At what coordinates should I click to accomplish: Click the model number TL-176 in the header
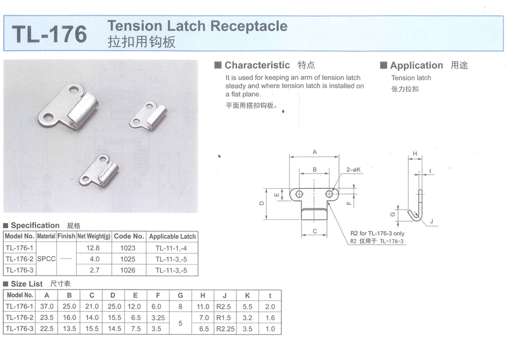point(49,34)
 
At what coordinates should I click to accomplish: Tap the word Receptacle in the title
point(248,26)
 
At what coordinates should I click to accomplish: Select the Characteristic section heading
point(257,65)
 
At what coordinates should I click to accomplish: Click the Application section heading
point(416,65)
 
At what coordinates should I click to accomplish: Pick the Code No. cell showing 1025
point(128,259)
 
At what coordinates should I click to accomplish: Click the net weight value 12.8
point(93,248)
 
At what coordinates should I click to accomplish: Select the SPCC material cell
point(46,259)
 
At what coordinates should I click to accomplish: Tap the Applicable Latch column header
point(172,236)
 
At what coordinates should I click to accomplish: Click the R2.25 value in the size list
point(225,329)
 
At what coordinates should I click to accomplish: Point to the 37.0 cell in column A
point(46,307)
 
